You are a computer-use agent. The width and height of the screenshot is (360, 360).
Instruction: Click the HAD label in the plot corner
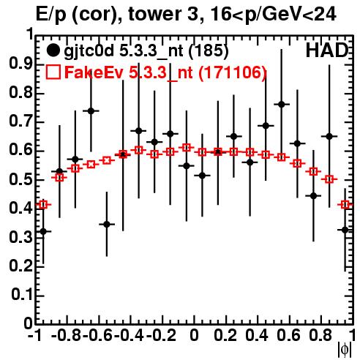click(x=327, y=50)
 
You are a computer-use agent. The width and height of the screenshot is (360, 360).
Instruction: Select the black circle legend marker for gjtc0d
click(x=53, y=50)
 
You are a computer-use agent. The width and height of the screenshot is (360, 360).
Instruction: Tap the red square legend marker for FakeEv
click(x=53, y=72)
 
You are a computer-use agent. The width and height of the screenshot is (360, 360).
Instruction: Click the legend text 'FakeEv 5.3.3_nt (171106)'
click(x=165, y=72)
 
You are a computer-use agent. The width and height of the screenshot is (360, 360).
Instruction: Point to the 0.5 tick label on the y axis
click(x=20, y=180)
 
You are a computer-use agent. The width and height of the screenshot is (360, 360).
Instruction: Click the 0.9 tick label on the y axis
click(x=20, y=64)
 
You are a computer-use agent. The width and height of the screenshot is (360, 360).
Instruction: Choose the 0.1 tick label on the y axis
click(x=22, y=295)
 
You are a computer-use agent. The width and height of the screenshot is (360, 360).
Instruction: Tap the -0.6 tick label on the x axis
click(x=97, y=336)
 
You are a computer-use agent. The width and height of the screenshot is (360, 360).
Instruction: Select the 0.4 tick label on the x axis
click(x=257, y=336)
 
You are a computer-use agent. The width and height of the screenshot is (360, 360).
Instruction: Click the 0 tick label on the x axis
click(x=194, y=336)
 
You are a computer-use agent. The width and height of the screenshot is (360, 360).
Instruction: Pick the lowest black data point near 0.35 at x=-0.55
click(x=107, y=225)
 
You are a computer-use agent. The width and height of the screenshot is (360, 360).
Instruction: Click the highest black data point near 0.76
click(x=282, y=105)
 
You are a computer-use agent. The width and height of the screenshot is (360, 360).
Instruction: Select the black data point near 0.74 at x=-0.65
click(x=91, y=111)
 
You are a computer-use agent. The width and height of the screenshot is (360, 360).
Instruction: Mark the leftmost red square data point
click(x=43, y=205)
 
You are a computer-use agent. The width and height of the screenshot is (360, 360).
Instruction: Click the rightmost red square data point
click(x=345, y=205)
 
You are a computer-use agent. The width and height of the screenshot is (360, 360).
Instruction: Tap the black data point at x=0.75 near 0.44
click(x=314, y=195)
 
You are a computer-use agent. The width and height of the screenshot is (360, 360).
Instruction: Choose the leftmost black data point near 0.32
click(x=43, y=231)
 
